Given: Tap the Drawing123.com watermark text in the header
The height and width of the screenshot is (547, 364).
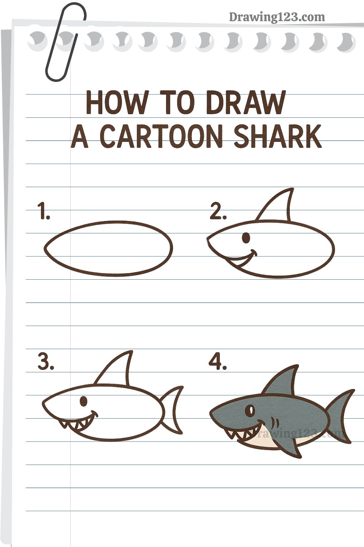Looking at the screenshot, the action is (277, 17).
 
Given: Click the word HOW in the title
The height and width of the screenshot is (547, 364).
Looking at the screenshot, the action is (117, 102).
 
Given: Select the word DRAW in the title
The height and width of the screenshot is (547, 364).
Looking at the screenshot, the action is (245, 102).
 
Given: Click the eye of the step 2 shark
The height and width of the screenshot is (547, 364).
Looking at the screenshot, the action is (246, 238).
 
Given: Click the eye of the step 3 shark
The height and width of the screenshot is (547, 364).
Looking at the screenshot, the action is (84, 401).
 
